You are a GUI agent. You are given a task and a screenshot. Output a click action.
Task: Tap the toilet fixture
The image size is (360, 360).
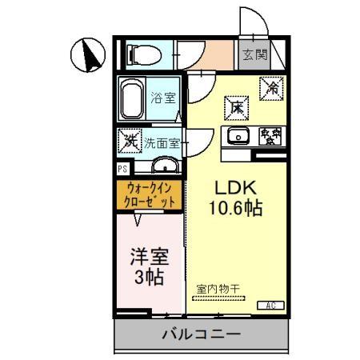click(x=145, y=54)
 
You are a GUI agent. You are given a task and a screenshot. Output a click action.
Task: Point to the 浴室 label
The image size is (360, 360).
click(x=164, y=98)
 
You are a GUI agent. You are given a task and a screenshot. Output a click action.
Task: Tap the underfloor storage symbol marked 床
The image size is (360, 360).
click(x=237, y=106)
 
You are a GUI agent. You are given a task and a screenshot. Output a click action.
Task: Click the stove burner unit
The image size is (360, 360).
click(x=270, y=136)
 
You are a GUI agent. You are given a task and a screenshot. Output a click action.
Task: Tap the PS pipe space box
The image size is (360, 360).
click(x=122, y=169)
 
